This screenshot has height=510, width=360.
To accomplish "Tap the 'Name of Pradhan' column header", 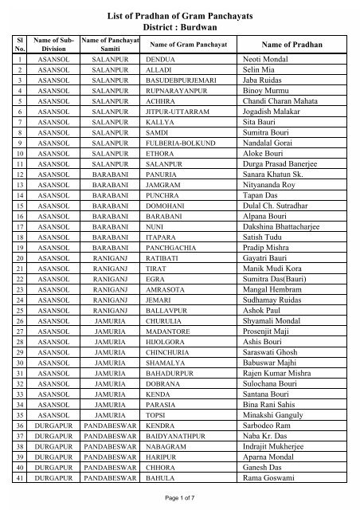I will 284,45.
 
